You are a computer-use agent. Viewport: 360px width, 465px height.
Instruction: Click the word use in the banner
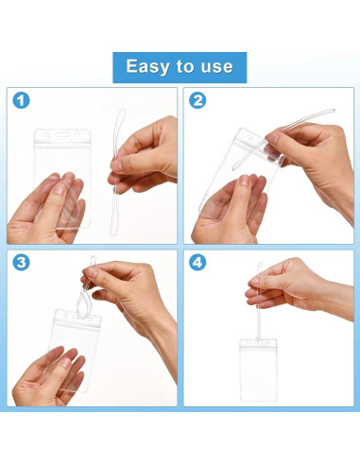tap(215, 67)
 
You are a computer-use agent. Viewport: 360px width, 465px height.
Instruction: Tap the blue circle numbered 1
tap(21, 100)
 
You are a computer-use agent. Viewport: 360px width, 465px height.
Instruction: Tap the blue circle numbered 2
tap(199, 100)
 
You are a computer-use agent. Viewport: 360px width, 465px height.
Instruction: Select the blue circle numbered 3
tap(21, 262)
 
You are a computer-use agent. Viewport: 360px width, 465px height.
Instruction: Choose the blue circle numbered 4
tap(199, 262)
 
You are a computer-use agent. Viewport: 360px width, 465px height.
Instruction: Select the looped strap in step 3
tap(89, 279)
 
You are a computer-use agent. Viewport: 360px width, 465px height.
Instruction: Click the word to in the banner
tap(185, 67)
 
